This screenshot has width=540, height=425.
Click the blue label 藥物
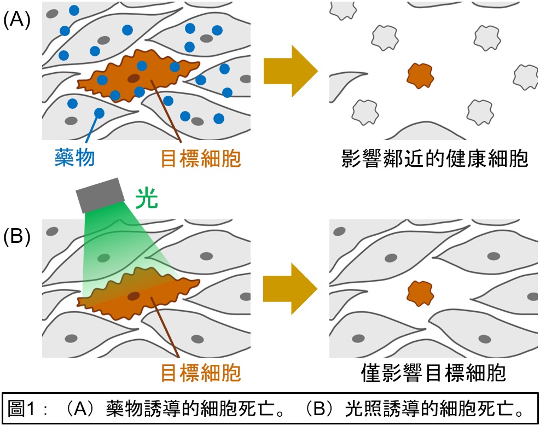coord(74,158)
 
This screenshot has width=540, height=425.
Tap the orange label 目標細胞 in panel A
coord(200,158)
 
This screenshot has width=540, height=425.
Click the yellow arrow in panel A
coord(290,71)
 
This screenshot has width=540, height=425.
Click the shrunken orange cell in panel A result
coord(420,75)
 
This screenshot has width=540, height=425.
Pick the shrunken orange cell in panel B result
coord(420,294)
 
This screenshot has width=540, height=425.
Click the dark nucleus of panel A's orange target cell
coord(133,79)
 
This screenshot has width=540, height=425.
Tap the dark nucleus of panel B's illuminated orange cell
coord(133,296)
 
